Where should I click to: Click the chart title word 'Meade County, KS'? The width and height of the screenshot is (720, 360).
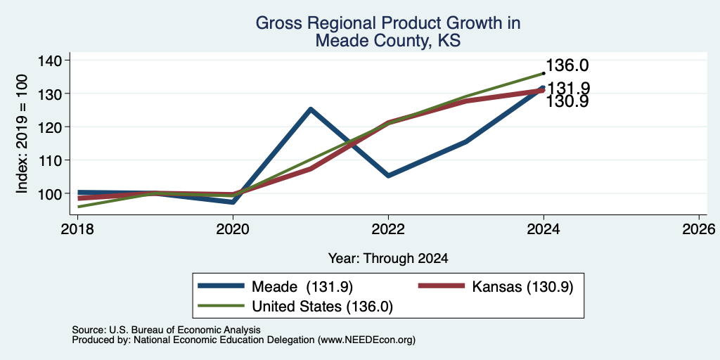point(388,41)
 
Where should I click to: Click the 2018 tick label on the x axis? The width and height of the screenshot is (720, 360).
point(77,229)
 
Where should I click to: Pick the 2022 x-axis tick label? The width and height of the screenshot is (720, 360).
point(388,229)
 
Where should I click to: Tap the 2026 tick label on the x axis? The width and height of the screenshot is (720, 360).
point(699,229)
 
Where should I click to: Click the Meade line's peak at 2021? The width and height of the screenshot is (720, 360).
point(311,109)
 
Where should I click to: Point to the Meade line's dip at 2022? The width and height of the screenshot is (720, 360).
point(388,176)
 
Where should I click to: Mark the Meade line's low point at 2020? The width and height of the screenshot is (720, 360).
point(233,202)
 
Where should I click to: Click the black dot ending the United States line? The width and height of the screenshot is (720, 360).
point(544,73)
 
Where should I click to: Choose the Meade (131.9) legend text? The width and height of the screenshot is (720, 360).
point(302,287)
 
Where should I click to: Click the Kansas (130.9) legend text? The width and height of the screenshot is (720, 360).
point(522,287)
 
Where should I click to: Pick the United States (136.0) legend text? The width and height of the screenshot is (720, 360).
point(322,307)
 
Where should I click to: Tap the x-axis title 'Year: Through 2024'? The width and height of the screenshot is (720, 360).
point(388,259)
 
